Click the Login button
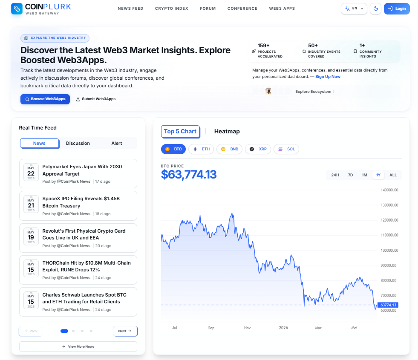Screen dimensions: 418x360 point(397,9)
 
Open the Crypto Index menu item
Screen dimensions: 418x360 point(172,9)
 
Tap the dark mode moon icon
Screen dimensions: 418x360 point(376,9)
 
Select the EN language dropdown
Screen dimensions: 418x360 point(354,9)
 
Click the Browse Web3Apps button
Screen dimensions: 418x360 point(45,99)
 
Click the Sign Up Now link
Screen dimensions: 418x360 point(328,77)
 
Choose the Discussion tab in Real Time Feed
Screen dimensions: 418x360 point(78,143)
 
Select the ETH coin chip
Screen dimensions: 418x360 point(201,149)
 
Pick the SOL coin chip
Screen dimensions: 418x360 point(286,149)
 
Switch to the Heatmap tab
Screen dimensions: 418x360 point(227,131)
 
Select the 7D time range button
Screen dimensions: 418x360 point(350,175)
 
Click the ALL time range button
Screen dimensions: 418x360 point(393,175)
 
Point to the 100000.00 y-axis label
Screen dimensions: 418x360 point(389,251)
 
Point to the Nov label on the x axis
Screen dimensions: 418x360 point(248,328)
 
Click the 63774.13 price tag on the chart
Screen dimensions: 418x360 point(388,305)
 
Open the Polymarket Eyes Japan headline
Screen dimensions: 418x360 point(82,170)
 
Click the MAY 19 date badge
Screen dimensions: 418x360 point(31,236)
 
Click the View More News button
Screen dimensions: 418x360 point(78,346)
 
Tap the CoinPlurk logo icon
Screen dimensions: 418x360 point(17,9)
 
